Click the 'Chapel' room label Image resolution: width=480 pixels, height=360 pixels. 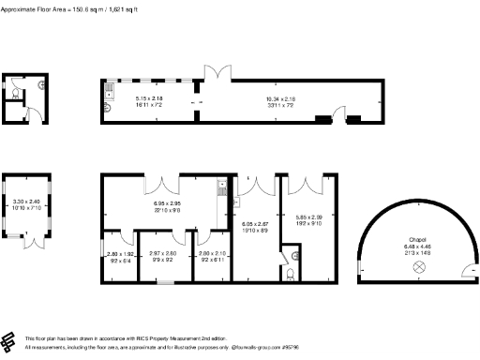[x=417, y=239]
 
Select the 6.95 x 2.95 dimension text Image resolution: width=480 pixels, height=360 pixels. [x=166, y=203]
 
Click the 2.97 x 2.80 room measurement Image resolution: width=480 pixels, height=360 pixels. [x=163, y=253]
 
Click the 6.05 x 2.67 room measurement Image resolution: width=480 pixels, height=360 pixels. [x=256, y=225]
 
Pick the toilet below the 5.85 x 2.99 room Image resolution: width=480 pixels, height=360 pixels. [x=291, y=271]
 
